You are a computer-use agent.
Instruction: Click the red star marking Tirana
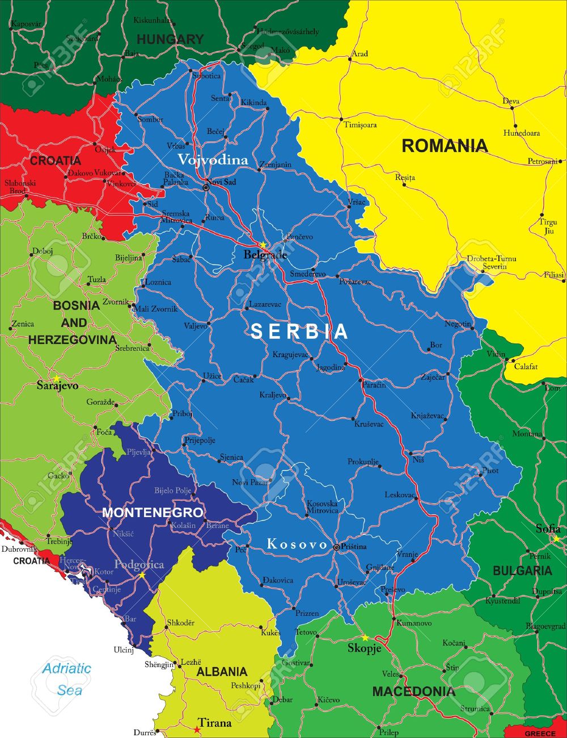[x=197, y=729]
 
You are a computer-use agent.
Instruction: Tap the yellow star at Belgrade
[x=263, y=245]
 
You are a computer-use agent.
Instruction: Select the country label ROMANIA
[x=445, y=146]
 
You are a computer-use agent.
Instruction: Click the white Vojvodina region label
[x=213, y=160]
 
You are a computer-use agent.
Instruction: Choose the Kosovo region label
[x=297, y=544]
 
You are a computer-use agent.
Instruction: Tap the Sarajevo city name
[x=57, y=386]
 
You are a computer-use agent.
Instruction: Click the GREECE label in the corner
[x=540, y=733]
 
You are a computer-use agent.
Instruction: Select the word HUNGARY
[x=170, y=39]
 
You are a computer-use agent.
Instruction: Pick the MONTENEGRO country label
[x=153, y=513]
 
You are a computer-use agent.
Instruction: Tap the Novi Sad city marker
[x=206, y=187]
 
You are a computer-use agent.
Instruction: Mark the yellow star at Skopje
[x=366, y=638]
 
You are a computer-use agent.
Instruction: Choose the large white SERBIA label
[x=299, y=332]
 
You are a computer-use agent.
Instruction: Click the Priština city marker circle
[x=337, y=547]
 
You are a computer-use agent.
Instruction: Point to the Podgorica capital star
[x=142, y=575]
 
